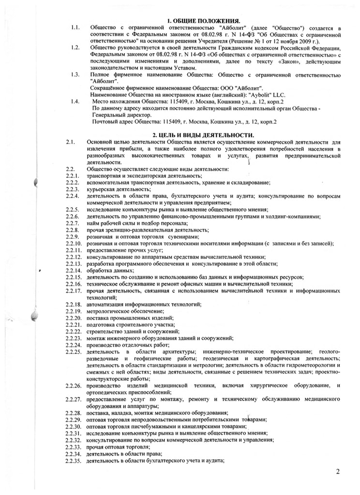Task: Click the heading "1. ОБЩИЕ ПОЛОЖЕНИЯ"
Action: pyautogui.click(x=203, y=22)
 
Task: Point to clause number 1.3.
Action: pyautogui.click(x=75, y=74)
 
